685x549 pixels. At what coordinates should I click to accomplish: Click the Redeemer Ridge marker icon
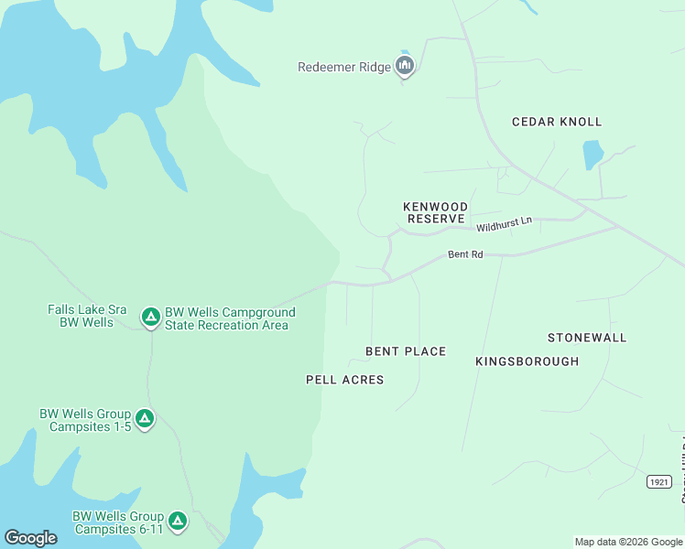(x=405, y=66)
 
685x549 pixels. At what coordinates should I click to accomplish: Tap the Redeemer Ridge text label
(x=344, y=67)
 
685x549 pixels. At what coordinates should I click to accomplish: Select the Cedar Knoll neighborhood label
(x=557, y=122)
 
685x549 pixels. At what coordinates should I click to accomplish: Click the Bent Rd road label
(x=465, y=254)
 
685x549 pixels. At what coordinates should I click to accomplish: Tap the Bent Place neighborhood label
(x=406, y=351)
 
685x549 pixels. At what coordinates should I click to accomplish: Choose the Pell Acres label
(x=345, y=380)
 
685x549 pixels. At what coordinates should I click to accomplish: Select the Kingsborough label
(x=527, y=361)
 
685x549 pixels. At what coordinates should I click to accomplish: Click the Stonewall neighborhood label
(x=587, y=338)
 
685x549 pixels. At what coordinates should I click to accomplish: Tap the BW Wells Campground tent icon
(x=150, y=317)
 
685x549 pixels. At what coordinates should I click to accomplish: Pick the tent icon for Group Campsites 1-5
(x=145, y=419)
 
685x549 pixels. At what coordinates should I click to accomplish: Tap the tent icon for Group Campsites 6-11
(x=178, y=522)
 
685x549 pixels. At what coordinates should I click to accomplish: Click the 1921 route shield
(x=658, y=482)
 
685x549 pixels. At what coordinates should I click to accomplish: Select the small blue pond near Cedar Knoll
(x=593, y=155)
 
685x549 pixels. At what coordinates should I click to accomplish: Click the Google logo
(x=30, y=538)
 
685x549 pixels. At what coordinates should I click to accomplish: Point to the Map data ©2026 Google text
(x=628, y=542)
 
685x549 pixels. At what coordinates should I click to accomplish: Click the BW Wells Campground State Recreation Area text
(x=230, y=318)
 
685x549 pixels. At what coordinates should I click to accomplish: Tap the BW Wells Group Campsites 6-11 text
(x=118, y=522)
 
